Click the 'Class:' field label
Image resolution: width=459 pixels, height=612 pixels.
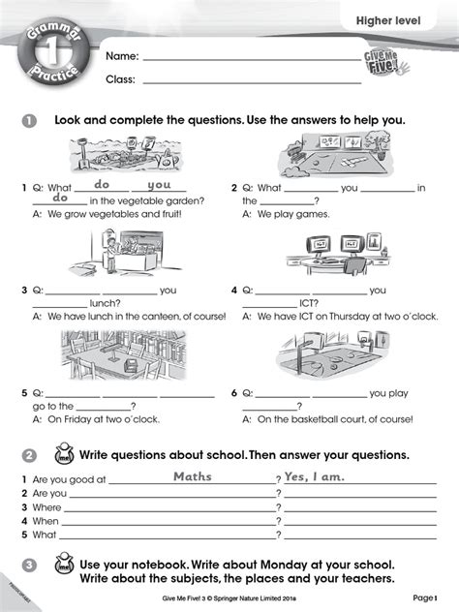tap(120, 79)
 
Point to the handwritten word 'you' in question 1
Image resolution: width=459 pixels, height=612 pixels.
tap(159, 184)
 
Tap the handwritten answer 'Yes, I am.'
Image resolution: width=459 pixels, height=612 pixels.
tap(314, 476)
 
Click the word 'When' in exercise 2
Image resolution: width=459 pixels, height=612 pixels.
tap(46, 520)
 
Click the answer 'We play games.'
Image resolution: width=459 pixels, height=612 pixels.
tap(294, 214)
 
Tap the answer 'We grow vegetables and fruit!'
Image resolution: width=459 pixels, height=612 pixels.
tap(107, 214)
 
